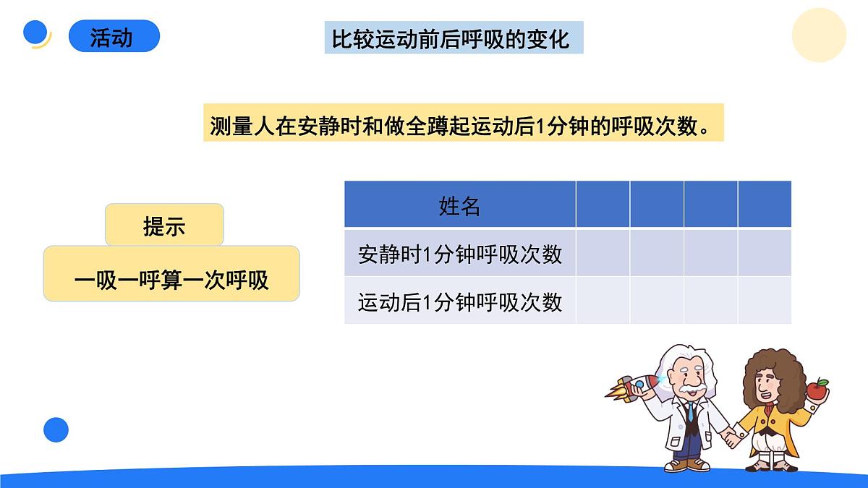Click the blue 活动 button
pyautogui.click(x=114, y=36)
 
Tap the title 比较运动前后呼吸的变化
pyautogui.click(x=453, y=38)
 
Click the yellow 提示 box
pyautogui.click(x=164, y=225)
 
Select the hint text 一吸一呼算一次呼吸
pyautogui.click(x=171, y=280)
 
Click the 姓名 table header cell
pyautogui.click(x=459, y=205)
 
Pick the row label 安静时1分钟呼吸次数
pyautogui.click(x=459, y=254)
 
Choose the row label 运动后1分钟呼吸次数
pyautogui.click(x=459, y=301)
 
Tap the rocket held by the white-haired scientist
pyautogui.click(x=633, y=388)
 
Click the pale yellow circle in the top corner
pyautogui.click(x=819, y=35)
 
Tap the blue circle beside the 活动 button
pyautogui.click(x=35, y=33)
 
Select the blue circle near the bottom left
pyautogui.click(x=56, y=429)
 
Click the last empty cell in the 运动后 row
pyautogui.click(x=765, y=301)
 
